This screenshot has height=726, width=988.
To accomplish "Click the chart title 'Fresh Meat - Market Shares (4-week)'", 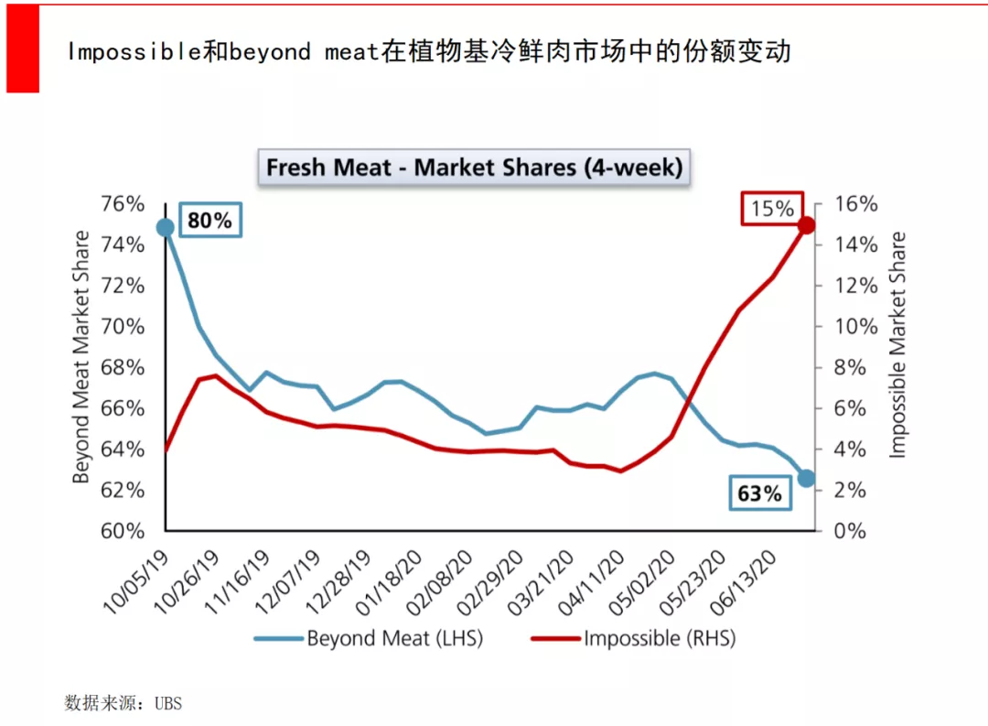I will pos(473,168).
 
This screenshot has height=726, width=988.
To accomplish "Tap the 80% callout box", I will pos(209,221).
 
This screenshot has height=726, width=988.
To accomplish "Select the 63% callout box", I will pos(759,494).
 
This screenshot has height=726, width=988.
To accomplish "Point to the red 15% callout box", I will pos(772,209).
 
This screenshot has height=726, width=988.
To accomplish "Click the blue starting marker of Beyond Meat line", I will pos(166,227).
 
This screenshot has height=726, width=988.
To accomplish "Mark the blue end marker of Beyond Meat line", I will pos(806,478).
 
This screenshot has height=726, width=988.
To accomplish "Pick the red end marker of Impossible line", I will pos(806,225).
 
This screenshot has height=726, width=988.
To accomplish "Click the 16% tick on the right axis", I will pos(855,204).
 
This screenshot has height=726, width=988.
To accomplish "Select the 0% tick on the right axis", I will pos(850,531).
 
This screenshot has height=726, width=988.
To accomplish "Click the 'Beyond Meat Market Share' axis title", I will pos(81,357).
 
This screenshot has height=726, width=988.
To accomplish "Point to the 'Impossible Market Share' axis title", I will pos(898,345).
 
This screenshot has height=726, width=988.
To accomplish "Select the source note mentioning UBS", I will pos(123,703).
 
